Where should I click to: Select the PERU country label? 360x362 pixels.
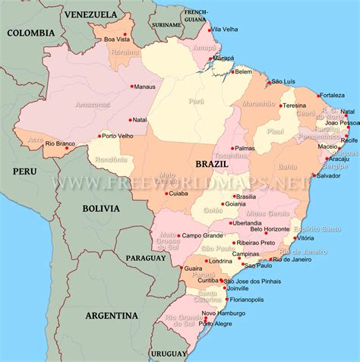24,172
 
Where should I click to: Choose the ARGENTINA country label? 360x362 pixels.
111,315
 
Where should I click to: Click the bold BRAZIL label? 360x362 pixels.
213,163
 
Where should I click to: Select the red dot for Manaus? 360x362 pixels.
132,86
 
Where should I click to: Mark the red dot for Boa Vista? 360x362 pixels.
100,38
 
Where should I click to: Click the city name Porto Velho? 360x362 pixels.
119,137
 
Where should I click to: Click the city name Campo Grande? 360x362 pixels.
201,235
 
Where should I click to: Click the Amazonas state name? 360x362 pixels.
93,104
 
